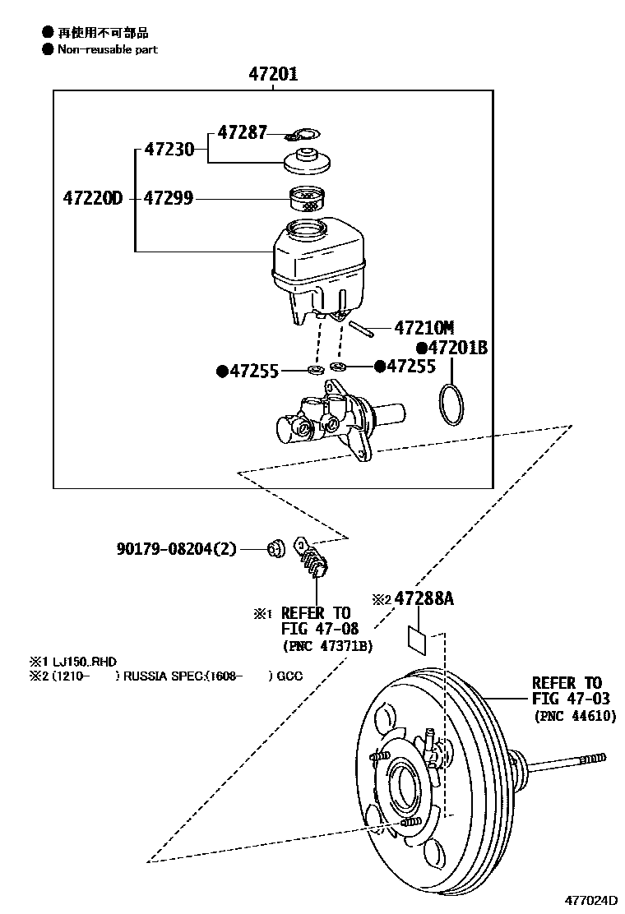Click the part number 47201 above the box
click(x=273, y=74)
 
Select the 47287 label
click(x=243, y=132)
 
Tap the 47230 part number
click(x=169, y=150)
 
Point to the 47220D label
click(x=93, y=198)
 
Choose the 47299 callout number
click(x=169, y=198)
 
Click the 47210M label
click(x=424, y=328)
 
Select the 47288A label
click(x=424, y=598)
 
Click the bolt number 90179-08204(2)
click(x=177, y=548)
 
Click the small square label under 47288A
click(x=417, y=640)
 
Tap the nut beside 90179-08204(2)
click(x=275, y=548)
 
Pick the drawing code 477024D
click(x=590, y=900)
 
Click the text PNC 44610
click(x=575, y=716)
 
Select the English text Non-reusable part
click(x=107, y=49)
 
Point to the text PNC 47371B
click(x=327, y=646)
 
